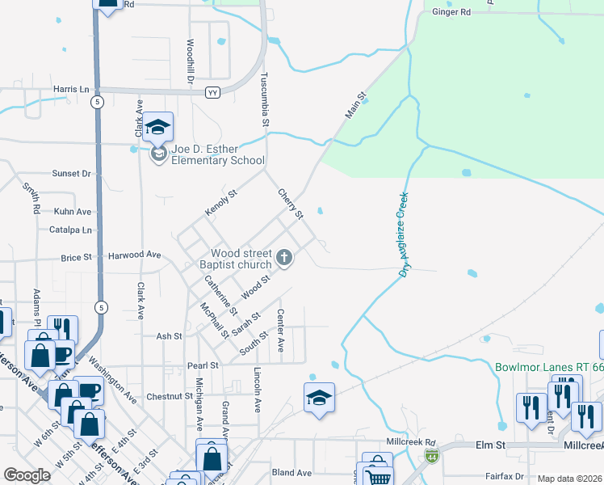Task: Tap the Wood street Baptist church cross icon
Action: [283, 258]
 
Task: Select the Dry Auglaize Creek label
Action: [404, 234]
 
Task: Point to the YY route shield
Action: [213, 92]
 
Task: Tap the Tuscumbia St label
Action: [264, 100]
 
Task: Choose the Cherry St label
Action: [290, 204]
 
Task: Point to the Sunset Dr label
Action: [72, 173]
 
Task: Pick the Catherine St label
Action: [220, 295]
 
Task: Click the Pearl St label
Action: [203, 365]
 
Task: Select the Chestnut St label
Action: [170, 397]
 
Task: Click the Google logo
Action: [27, 475]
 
